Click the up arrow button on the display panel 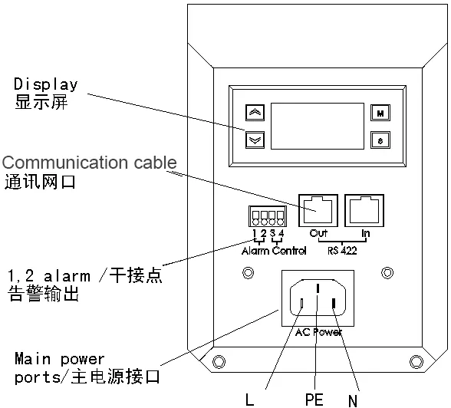[255, 113]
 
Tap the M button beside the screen [380, 113]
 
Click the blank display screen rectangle [318, 127]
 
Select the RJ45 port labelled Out [318, 210]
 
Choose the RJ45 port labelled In [364, 210]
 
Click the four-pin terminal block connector [268, 216]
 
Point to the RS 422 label [342, 251]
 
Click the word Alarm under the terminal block [255, 251]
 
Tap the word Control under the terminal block [289, 251]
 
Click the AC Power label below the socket [319, 332]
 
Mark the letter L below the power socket [249, 400]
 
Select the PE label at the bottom [314, 400]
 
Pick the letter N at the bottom [353, 400]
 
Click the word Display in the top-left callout [46, 84]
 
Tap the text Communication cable [89, 163]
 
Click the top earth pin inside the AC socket [318, 288]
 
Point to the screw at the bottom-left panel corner [219, 361]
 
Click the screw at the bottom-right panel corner [416, 361]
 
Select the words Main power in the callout [60, 359]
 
